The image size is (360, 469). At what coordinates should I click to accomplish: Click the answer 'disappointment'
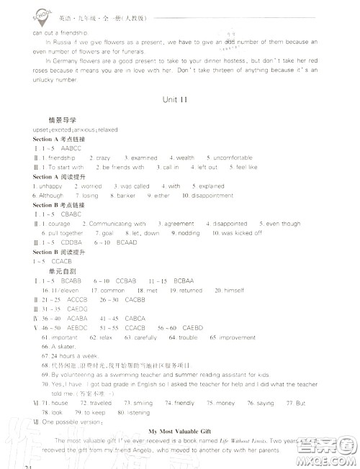(x=212, y=196)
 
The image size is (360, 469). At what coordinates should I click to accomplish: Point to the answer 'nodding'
(x=189, y=233)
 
